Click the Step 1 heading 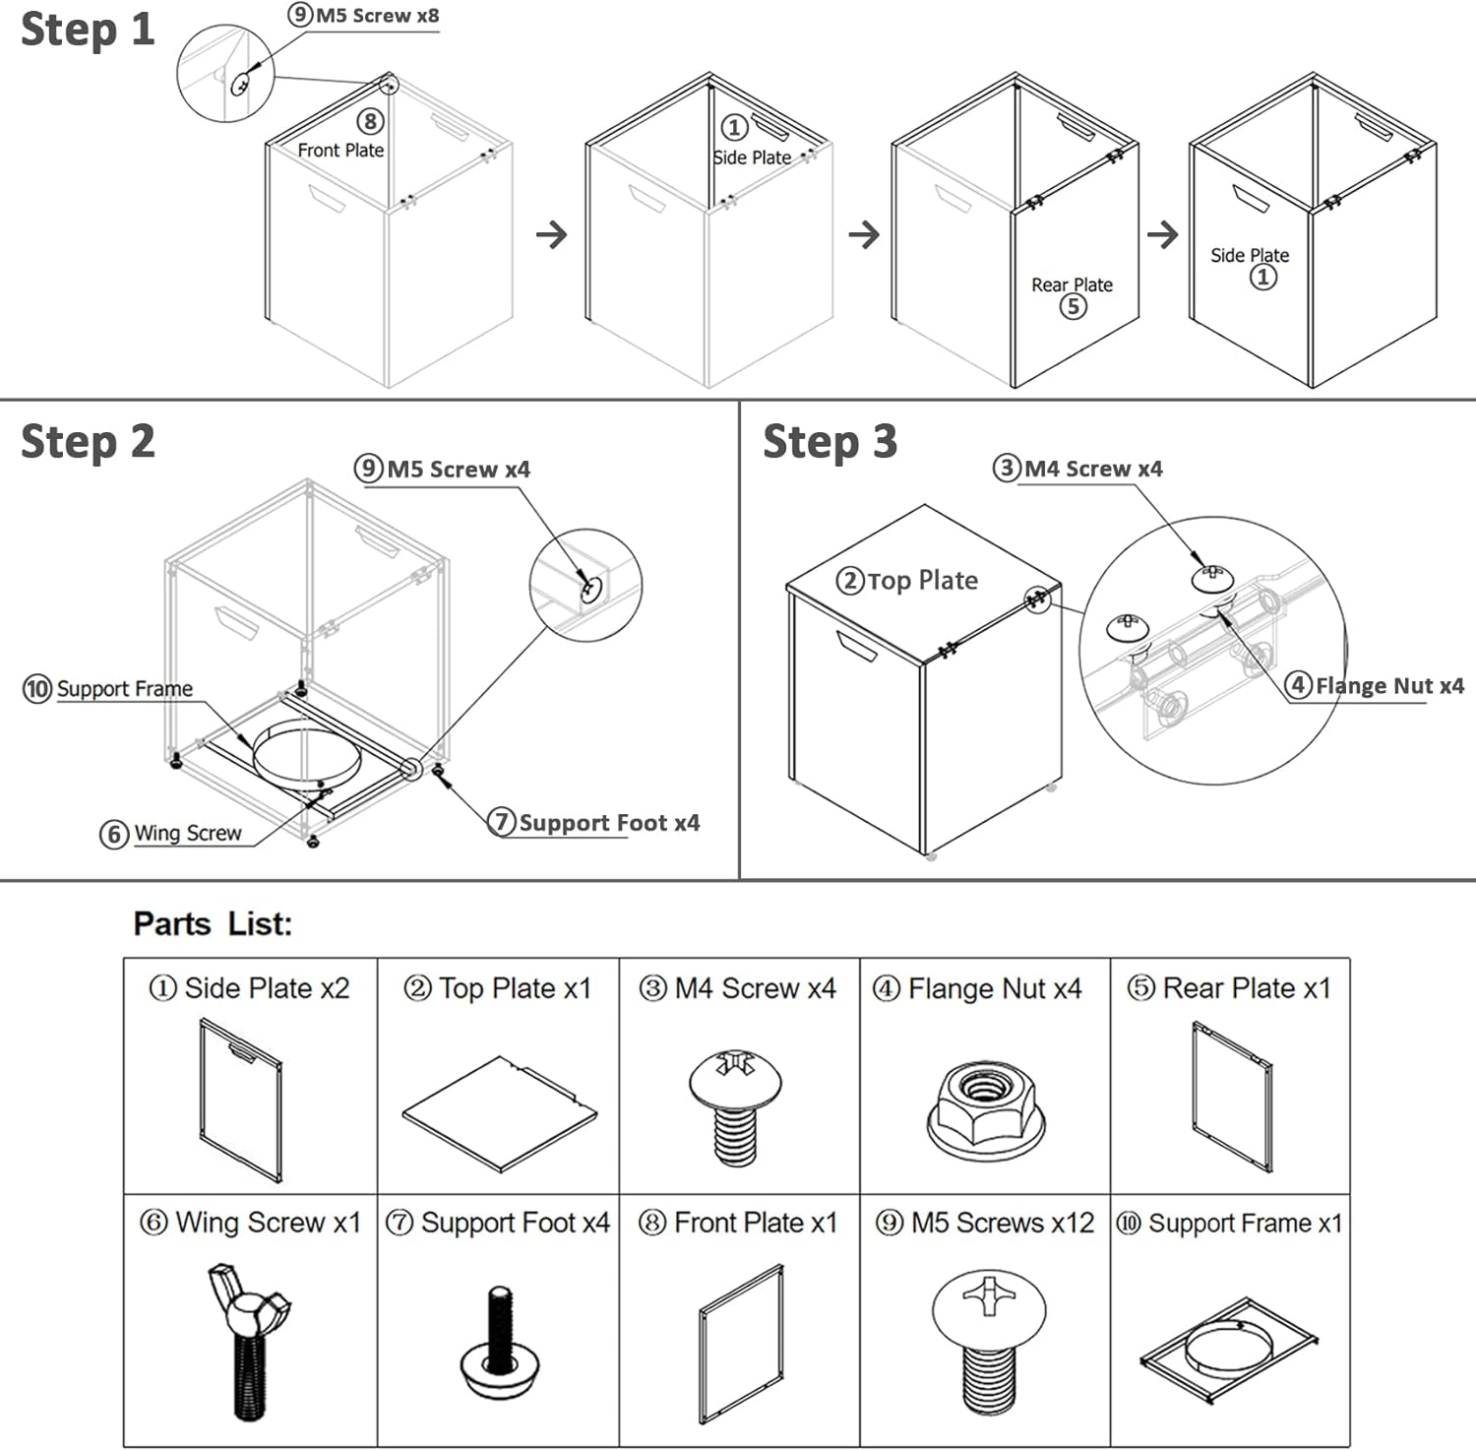click(88, 30)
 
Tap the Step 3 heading click(830, 442)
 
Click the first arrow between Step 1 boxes click(552, 234)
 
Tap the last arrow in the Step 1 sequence click(1163, 234)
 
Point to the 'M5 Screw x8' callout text click(377, 16)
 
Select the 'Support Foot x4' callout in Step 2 click(608, 822)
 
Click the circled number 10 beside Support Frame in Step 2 click(37, 688)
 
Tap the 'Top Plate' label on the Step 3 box click(922, 581)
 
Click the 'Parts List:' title click(213, 923)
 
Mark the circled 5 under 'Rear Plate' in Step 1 click(1073, 307)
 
